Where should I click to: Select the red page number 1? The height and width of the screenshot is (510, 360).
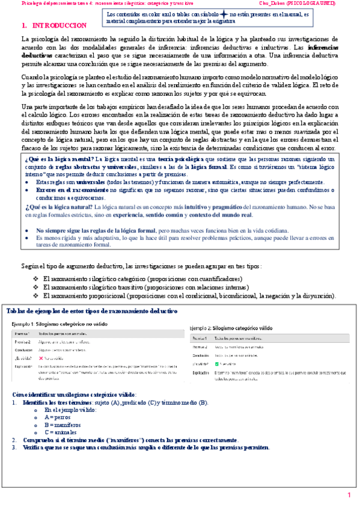click(x=348, y=495)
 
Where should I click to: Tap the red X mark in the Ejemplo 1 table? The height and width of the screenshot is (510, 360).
click(x=41, y=356)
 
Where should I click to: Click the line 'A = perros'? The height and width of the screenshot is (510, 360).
click(x=58, y=416)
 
